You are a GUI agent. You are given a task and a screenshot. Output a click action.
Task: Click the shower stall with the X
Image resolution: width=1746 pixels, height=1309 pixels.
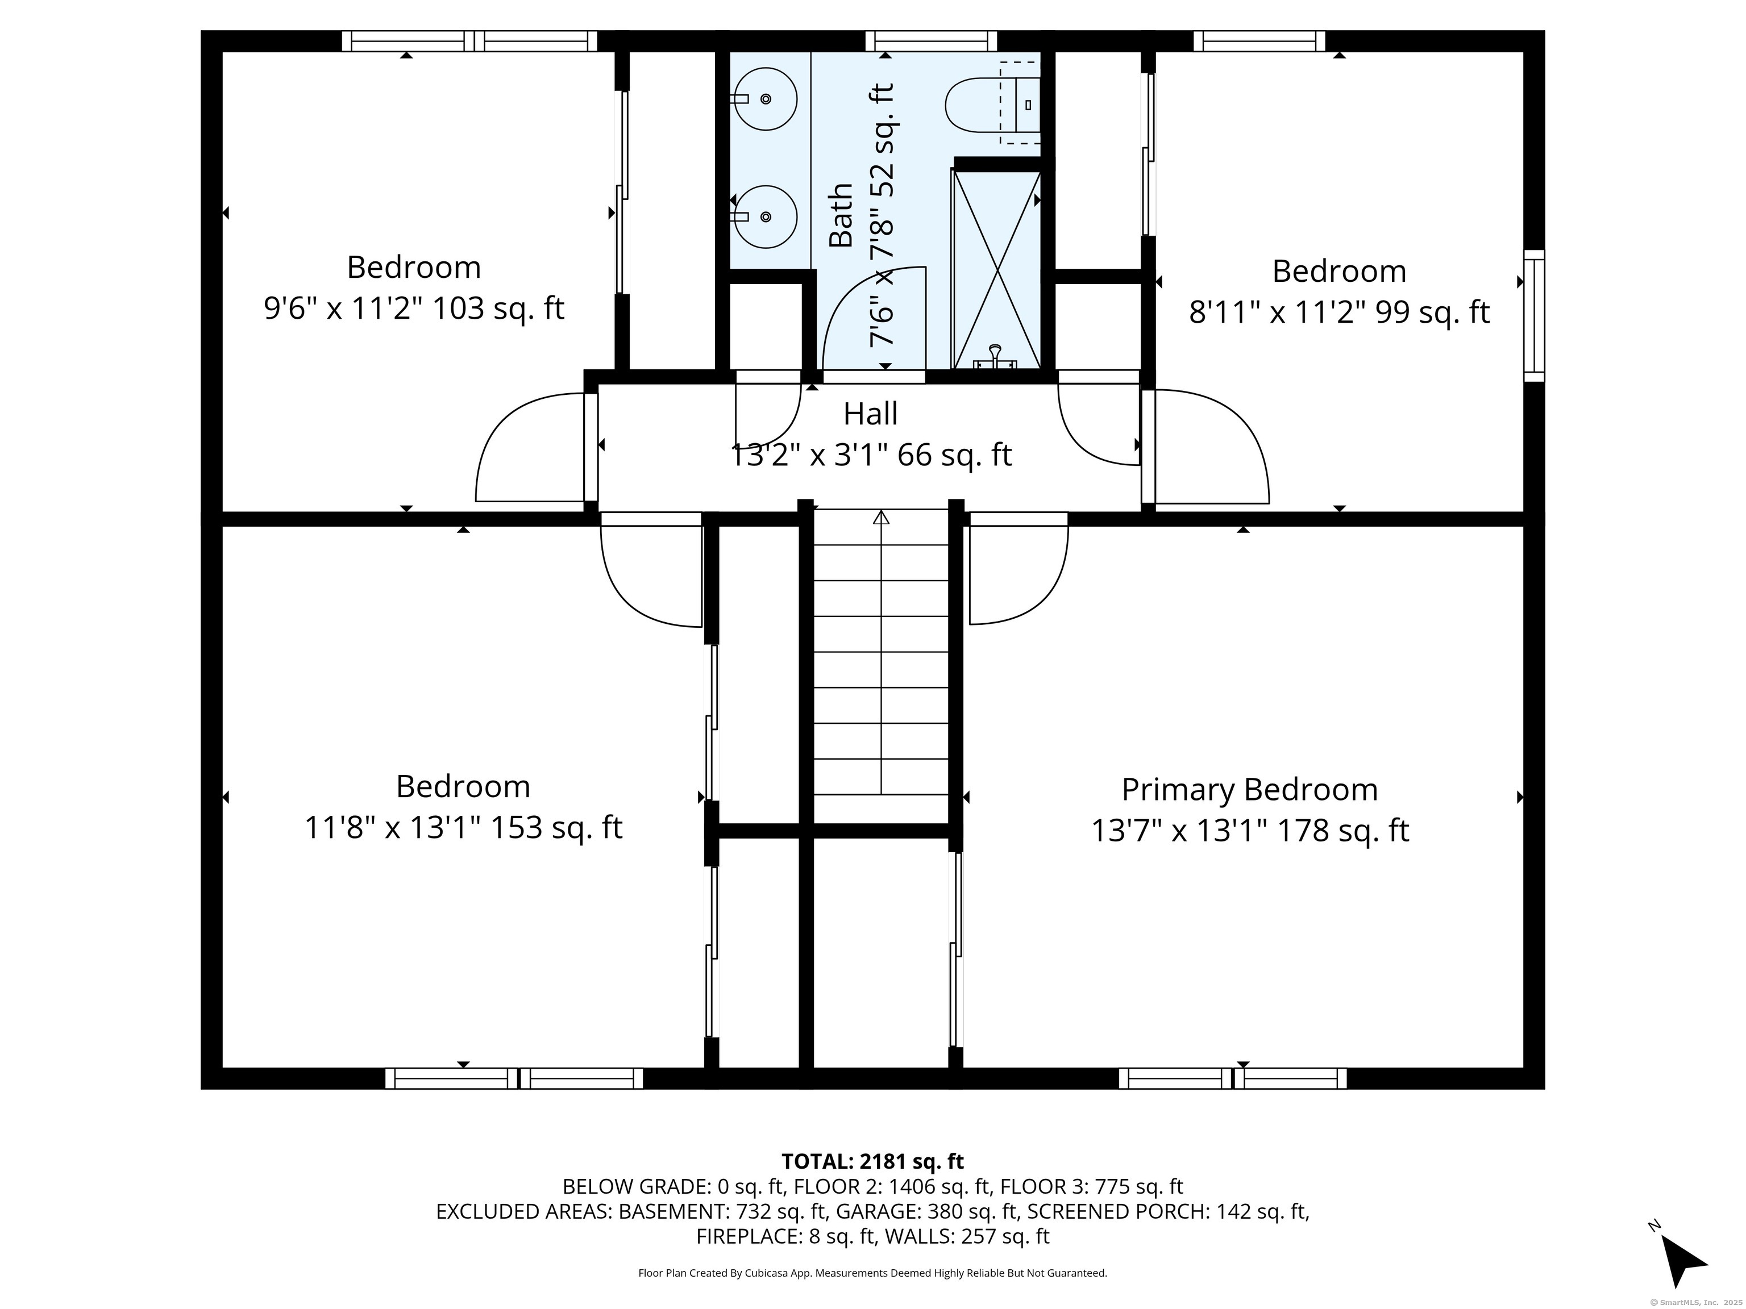(997, 269)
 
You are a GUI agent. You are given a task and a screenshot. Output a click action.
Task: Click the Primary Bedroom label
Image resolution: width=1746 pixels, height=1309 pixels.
(1249, 789)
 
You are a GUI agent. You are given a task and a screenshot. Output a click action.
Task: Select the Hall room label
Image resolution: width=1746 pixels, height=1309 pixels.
(871, 414)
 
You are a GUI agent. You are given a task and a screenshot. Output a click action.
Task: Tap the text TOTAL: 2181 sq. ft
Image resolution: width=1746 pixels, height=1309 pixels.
(872, 1161)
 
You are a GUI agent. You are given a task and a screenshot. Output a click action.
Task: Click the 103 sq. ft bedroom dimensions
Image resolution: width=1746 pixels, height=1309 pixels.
(414, 309)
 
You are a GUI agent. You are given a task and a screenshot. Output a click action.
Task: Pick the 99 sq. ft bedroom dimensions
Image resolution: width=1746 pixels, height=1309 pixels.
(1340, 312)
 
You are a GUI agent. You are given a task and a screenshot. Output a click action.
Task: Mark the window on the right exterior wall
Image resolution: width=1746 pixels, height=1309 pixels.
(1533, 316)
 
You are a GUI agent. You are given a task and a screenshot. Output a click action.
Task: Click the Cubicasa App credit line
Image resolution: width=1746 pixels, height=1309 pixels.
(872, 1273)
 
